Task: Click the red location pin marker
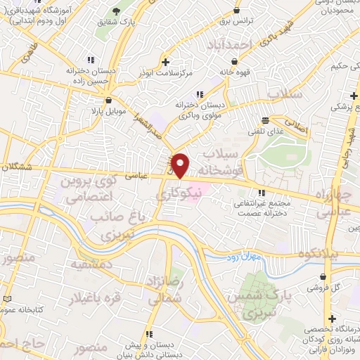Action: point(181,165)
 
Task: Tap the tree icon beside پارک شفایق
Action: point(117,12)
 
